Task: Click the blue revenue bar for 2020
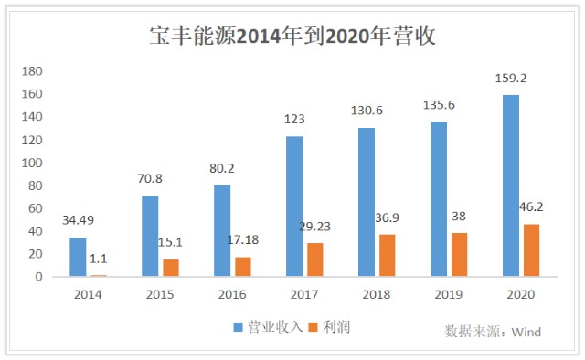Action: click(x=511, y=185)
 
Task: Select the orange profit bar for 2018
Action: click(x=388, y=256)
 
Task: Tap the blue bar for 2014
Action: click(x=78, y=257)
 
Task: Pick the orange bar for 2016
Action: click(x=243, y=267)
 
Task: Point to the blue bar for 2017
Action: click(x=294, y=206)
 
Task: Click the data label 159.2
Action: click(x=511, y=79)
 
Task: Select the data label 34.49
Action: click(x=78, y=220)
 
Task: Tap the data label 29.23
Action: click(x=315, y=227)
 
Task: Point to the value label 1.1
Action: click(x=99, y=259)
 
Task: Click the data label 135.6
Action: click(x=439, y=105)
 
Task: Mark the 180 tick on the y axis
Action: click(x=32, y=71)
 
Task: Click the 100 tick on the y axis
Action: click(x=32, y=163)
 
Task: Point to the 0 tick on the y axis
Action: click(x=38, y=277)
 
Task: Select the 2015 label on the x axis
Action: click(x=160, y=295)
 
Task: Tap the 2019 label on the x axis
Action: click(x=449, y=295)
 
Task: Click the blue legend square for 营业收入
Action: click(x=238, y=327)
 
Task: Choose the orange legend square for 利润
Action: click(x=313, y=327)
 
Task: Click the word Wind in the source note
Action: click(x=526, y=332)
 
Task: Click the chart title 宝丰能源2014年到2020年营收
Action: click(x=292, y=36)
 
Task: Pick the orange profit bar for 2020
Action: click(x=532, y=250)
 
